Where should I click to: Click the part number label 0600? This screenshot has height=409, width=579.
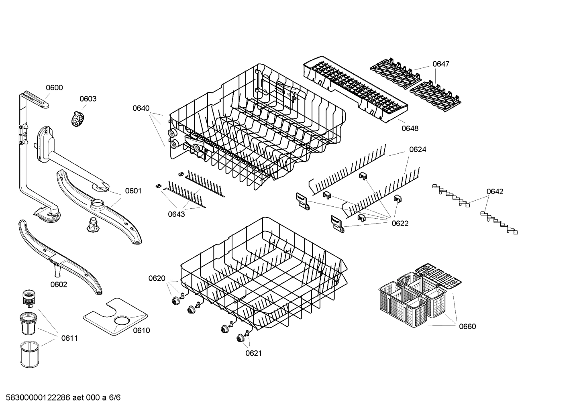point(54,88)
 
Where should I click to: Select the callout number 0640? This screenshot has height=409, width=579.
point(141,108)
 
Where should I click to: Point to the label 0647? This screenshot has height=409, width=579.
point(441,64)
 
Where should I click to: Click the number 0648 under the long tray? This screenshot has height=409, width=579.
point(410,128)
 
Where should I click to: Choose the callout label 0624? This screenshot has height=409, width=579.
point(418,150)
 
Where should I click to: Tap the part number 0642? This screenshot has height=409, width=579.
point(495,192)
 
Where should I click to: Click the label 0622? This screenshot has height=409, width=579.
point(400,224)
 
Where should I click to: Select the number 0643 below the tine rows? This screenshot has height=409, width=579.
point(176,214)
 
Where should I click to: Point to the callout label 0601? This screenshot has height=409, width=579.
point(133,191)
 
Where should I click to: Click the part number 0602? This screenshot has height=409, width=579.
point(59,285)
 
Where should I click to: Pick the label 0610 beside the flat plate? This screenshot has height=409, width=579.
point(141,330)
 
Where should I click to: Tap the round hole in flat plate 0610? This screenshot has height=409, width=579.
point(123,320)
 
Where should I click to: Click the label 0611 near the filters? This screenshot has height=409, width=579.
point(69,338)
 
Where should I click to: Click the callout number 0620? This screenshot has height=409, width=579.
point(157,278)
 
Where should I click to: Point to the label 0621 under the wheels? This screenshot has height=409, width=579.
point(253,353)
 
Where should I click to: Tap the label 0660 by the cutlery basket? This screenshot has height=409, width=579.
point(467,327)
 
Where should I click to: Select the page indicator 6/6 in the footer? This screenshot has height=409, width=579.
point(114,398)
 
